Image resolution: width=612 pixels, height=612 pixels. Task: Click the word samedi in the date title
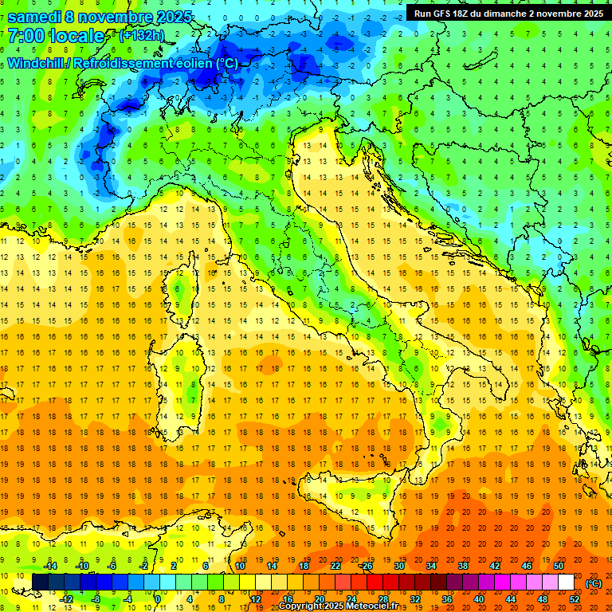pos(34,17)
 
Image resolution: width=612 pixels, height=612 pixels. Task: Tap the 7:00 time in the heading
pos(25,36)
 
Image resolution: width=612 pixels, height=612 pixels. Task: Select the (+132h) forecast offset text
pos(142,36)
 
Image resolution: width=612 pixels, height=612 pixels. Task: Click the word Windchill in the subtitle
pos(37,63)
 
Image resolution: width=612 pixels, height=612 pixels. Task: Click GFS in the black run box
pos(440,14)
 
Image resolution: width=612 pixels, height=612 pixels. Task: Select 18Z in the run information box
pos(463,14)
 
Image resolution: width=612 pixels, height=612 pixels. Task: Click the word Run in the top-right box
pos(422,14)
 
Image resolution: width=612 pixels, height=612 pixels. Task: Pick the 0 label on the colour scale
pos(159,598)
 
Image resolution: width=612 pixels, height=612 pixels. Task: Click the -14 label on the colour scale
pos(51,567)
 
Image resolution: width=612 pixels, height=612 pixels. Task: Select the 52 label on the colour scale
pos(575,598)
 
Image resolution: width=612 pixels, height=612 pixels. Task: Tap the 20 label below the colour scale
pos(320,598)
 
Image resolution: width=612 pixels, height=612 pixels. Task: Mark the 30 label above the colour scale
pos(399,567)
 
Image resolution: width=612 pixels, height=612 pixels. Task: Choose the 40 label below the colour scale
pos(479,598)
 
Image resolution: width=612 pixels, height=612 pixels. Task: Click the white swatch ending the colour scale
pos(566,582)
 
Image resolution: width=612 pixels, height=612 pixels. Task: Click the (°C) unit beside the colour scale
pos(594,583)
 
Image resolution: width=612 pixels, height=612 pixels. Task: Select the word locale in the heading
pos(75,36)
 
